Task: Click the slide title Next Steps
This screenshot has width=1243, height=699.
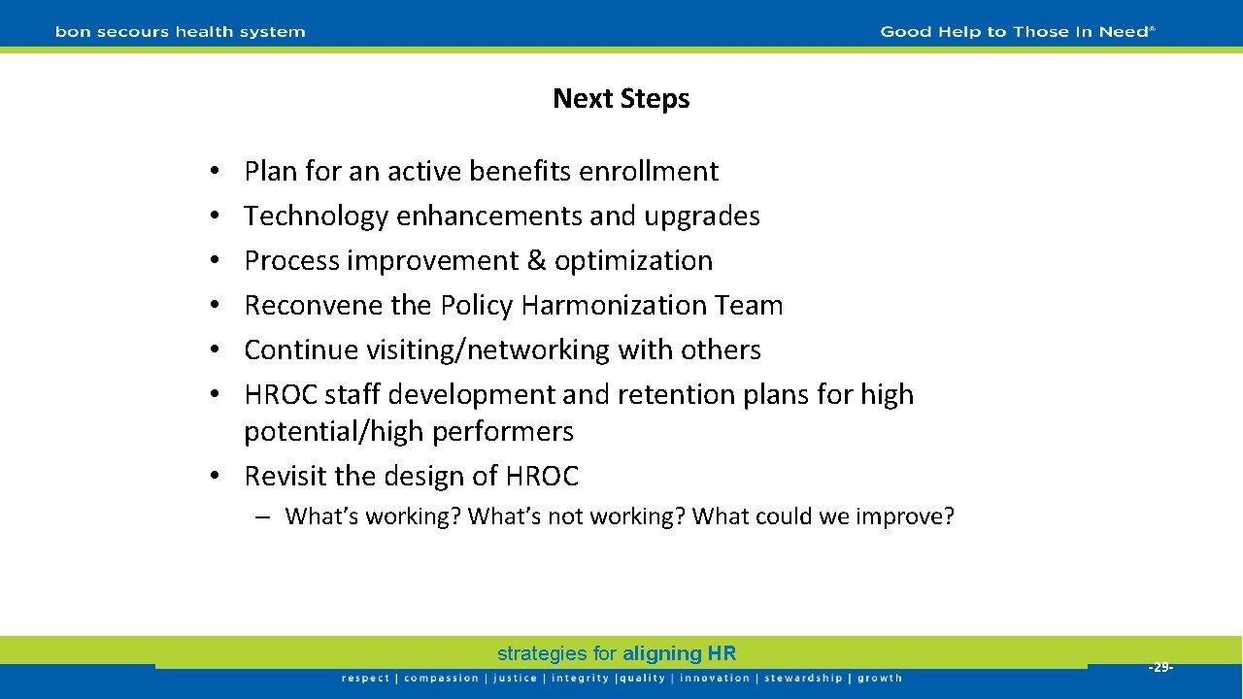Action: point(621,99)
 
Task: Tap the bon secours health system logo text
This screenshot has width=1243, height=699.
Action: point(181,32)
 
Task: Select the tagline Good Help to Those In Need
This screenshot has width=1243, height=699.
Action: point(1017,32)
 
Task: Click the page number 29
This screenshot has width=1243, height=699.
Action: point(1160,668)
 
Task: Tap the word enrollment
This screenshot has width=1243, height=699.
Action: point(649,171)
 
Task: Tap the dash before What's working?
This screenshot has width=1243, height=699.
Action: point(262,516)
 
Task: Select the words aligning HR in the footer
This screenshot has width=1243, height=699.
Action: point(679,653)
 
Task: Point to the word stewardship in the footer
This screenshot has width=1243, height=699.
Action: point(805,679)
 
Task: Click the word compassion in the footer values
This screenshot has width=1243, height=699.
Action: point(441,679)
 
